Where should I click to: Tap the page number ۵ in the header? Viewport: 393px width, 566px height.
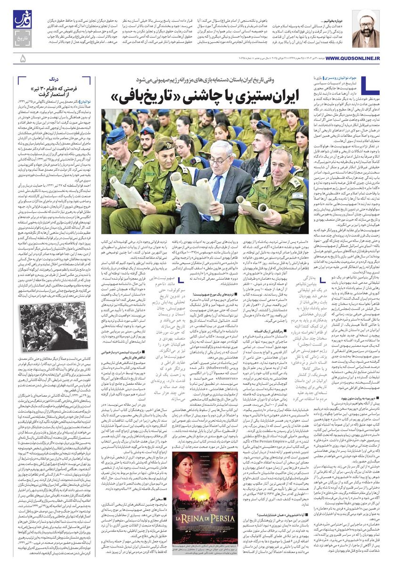pos(23,58)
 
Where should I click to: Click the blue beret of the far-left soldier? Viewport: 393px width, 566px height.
pos(115,135)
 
